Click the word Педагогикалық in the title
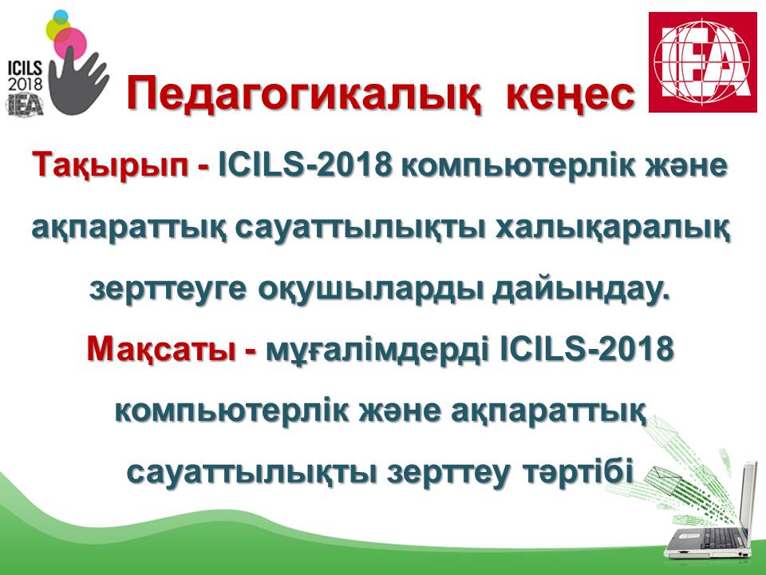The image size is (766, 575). pos(303,94)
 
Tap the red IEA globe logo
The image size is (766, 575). pos(702,62)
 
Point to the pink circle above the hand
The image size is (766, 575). pos(70,43)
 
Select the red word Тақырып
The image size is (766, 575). pos(110,165)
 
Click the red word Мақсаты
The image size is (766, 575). pos(161,350)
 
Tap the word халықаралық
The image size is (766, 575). pos(614,228)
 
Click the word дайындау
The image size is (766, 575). pos(579,289)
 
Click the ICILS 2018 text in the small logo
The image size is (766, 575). pos(25,75)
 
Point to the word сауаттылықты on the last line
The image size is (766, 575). pos(251,473)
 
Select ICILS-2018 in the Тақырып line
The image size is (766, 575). pos(306,165)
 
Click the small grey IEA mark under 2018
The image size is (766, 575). pos(25,104)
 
